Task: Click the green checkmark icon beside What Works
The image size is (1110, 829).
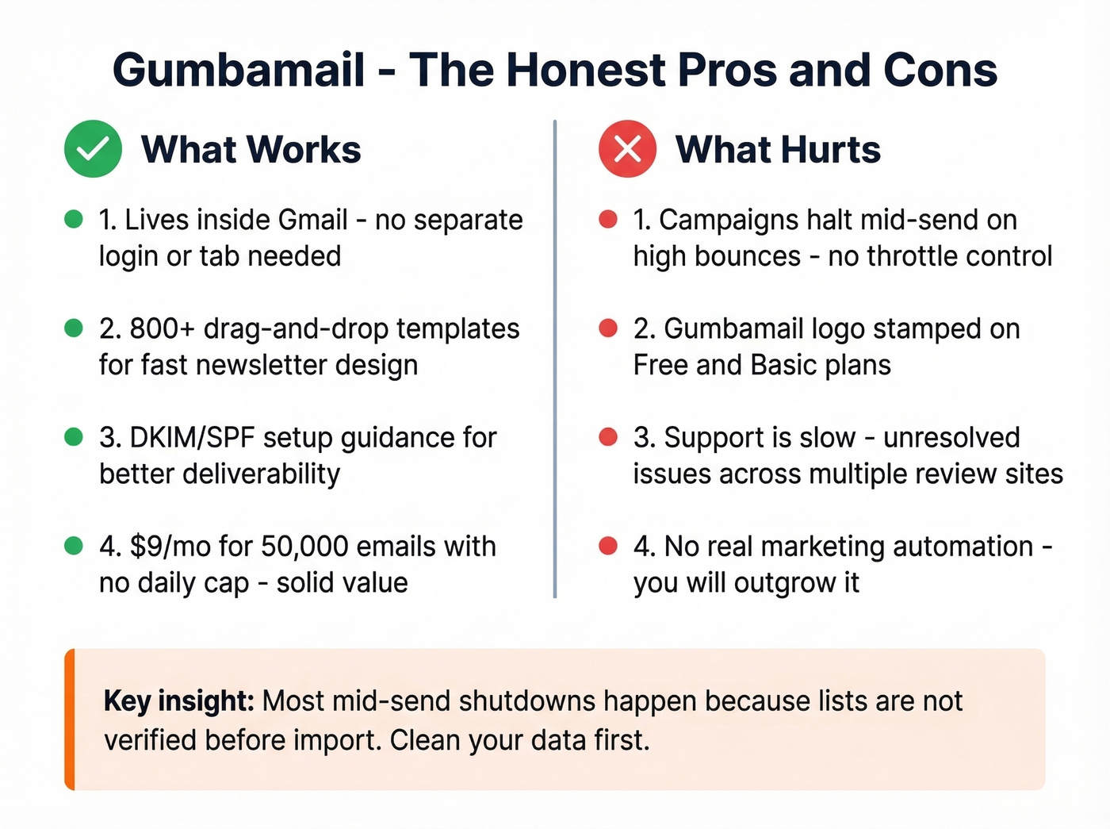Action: (93, 148)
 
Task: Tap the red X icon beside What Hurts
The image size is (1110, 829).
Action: (627, 148)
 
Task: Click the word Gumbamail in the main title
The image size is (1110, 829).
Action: (239, 70)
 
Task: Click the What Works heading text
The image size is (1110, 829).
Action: (251, 150)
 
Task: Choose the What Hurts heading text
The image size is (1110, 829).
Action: (778, 150)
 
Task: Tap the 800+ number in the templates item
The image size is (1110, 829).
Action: (163, 328)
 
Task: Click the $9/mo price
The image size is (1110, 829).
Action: (170, 547)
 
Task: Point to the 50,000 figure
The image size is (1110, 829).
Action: (304, 547)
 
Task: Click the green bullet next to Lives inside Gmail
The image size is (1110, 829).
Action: (74, 219)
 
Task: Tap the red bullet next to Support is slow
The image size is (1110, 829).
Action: (608, 436)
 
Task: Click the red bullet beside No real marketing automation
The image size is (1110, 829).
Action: (608, 546)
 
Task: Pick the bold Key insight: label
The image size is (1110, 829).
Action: (178, 701)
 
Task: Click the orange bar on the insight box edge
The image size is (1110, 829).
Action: (70, 720)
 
